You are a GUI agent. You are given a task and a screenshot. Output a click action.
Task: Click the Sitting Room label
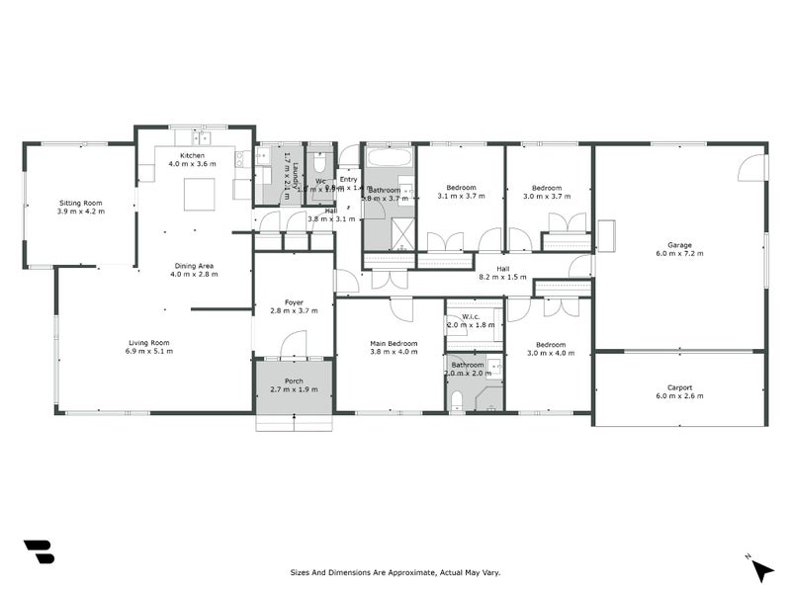[80, 202]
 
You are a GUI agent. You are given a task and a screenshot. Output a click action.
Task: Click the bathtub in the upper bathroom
[389, 158]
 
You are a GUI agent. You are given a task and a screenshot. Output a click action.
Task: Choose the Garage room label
[679, 245]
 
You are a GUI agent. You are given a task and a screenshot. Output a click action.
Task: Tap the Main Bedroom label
[394, 343]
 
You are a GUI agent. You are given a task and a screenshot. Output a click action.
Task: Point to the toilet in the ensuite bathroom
[456, 398]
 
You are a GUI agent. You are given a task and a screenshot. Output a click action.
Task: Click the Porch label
[294, 381]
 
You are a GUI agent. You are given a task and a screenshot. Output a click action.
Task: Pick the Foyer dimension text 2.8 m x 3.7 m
[294, 311]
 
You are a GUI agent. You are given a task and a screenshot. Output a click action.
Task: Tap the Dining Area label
[194, 265]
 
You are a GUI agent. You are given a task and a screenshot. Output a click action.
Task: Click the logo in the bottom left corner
[39, 551]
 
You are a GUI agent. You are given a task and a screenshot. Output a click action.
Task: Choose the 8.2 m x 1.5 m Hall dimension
[503, 278]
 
